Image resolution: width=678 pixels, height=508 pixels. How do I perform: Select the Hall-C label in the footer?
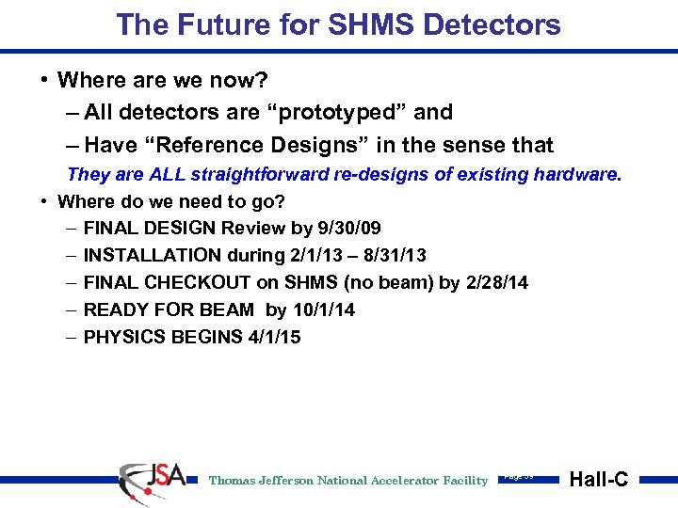(x=599, y=480)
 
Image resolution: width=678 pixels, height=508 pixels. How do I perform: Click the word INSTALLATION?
(x=147, y=255)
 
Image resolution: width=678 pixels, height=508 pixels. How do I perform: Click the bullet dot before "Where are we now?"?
(x=44, y=80)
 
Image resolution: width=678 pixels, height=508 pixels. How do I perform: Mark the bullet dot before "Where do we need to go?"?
(x=44, y=201)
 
